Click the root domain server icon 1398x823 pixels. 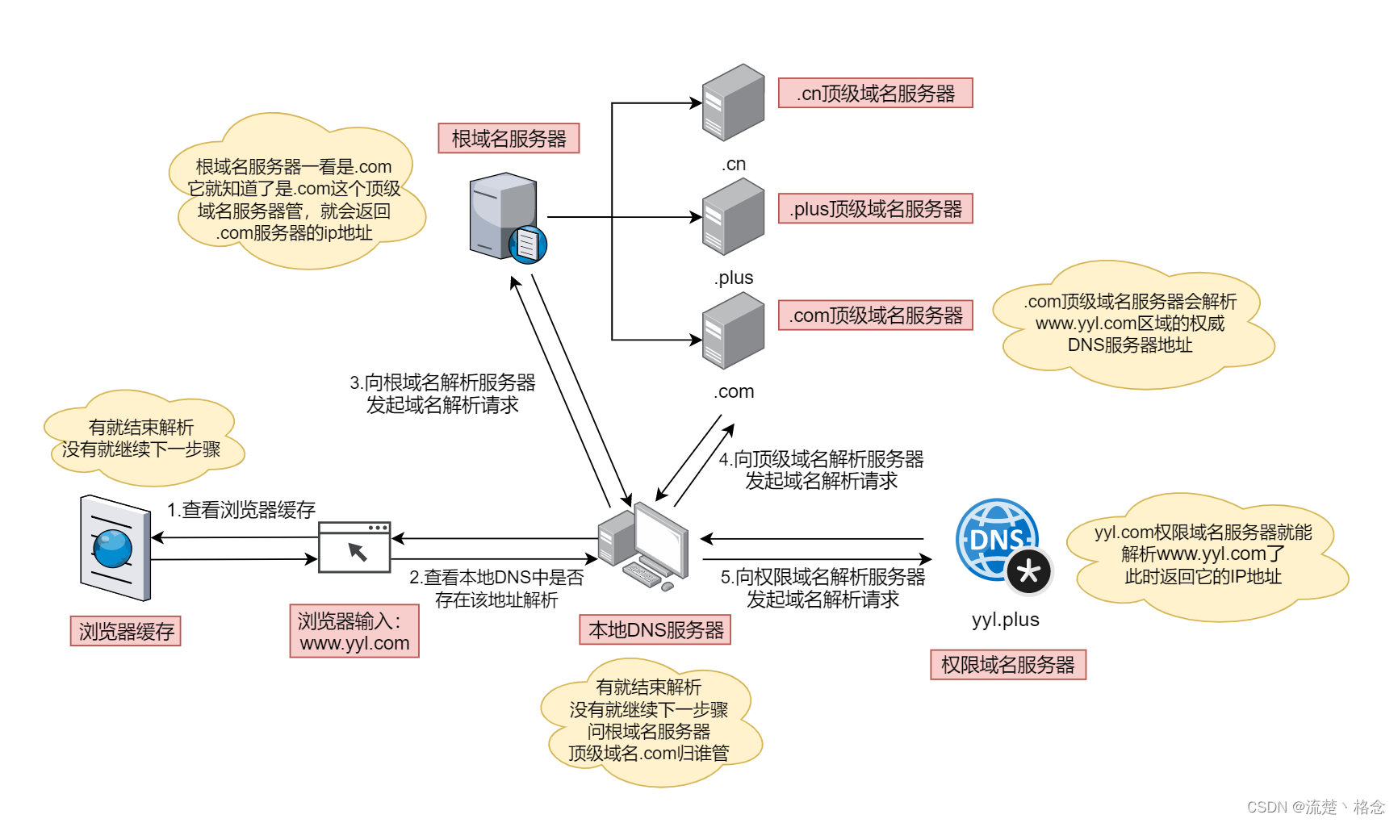click(x=507, y=217)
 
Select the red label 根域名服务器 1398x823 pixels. click(x=509, y=139)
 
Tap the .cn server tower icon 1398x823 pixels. click(x=732, y=102)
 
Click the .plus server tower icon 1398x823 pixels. click(x=732, y=216)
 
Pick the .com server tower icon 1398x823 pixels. click(x=732, y=331)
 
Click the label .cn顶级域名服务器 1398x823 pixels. click(x=875, y=94)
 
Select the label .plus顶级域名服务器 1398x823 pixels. click(x=875, y=209)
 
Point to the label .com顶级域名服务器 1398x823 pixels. click(x=875, y=315)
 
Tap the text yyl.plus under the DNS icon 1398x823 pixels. click(x=1005, y=620)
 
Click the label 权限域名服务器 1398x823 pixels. click(x=1007, y=665)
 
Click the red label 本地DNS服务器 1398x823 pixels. click(x=655, y=630)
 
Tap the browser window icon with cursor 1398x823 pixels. click(x=354, y=548)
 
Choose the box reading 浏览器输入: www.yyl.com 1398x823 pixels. click(x=354, y=632)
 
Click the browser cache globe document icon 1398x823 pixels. click(x=115, y=548)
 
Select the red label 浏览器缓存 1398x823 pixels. click(x=126, y=631)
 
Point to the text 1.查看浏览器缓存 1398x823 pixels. click(x=241, y=510)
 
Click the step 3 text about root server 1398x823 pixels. click(x=442, y=394)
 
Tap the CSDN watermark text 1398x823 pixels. click(x=1315, y=807)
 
